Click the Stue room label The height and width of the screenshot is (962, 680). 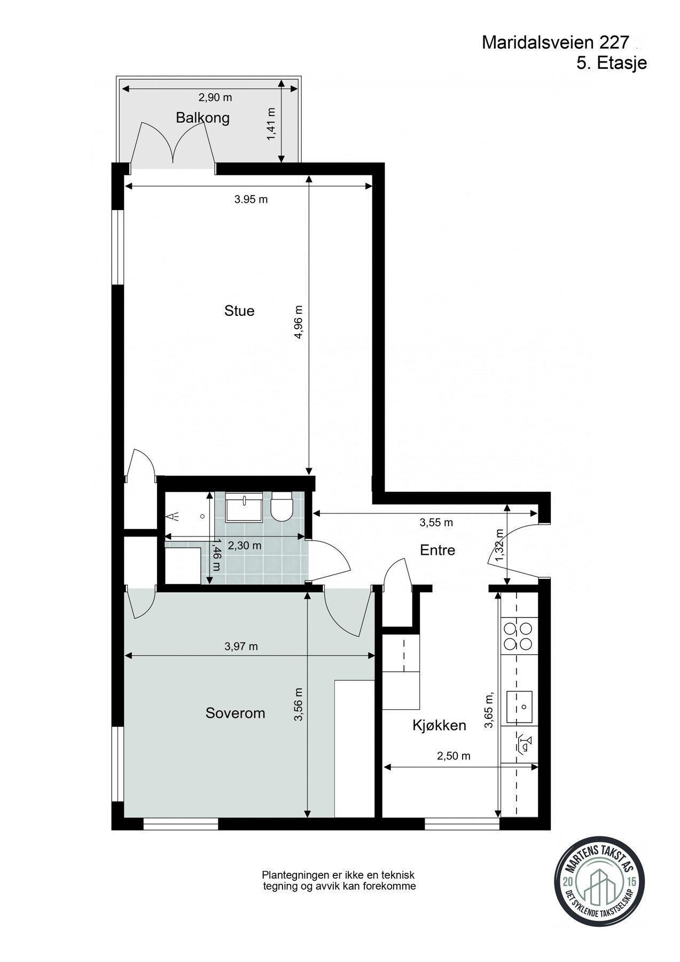pos(239,311)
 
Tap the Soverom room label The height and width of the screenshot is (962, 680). pos(235,713)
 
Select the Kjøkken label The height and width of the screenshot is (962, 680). pos(439,725)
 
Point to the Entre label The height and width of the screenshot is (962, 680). pos(437,550)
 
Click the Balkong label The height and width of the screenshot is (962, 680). pos(202,118)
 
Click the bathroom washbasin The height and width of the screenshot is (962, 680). pos(244,507)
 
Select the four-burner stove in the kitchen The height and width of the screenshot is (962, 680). pos(518,635)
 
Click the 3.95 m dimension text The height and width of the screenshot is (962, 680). pos(251,199)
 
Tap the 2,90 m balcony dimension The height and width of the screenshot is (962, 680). pos(215,98)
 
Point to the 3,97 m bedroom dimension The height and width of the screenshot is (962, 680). pos(241,647)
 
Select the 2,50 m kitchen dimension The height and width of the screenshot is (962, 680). pos(454,756)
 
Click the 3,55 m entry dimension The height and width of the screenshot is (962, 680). pos(436,523)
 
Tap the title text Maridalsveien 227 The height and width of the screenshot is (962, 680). pos(556,43)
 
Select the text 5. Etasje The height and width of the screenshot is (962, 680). pos(612,63)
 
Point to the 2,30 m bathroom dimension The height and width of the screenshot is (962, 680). pos(245,546)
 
